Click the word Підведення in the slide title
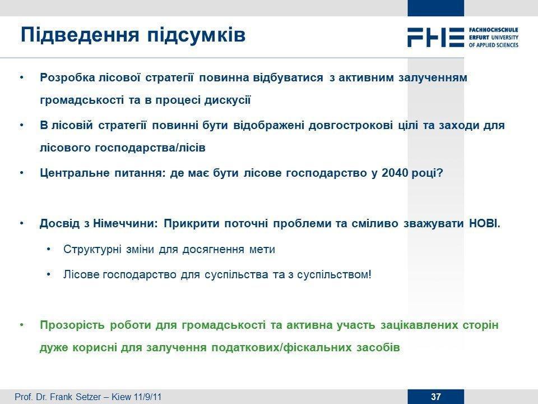click(x=80, y=35)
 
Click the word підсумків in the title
click(x=197, y=35)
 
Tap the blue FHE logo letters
click(x=435, y=37)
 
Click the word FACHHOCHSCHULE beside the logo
click(x=493, y=30)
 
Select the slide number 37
click(x=436, y=397)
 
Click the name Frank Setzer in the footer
click(x=75, y=397)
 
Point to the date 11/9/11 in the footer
click(x=147, y=397)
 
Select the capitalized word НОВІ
click(x=484, y=224)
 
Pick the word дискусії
click(x=228, y=100)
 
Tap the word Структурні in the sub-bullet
click(x=92, y=249)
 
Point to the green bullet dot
click(x=22, y=325)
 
